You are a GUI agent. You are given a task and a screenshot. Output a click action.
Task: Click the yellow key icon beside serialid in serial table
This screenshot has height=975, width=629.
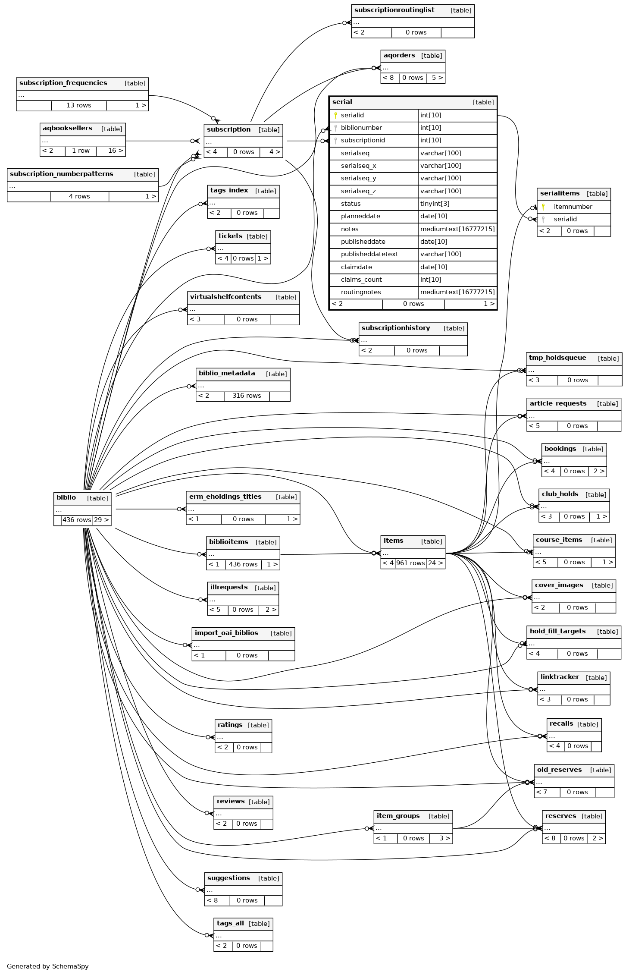click(335, 115)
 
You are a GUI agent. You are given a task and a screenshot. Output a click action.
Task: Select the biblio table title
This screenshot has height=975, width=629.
click(66, 498)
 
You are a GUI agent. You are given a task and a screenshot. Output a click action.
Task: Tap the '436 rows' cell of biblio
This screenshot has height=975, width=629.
click(77, 520)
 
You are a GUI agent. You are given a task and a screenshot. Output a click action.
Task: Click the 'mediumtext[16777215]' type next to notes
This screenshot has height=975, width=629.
click(457, 229)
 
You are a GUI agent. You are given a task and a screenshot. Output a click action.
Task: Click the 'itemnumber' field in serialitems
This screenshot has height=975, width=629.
click(573, 207)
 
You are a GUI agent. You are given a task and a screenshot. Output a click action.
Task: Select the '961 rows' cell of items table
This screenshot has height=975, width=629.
click(410, 563)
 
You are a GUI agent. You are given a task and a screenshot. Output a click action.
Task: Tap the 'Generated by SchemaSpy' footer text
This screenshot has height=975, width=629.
click(48, 966)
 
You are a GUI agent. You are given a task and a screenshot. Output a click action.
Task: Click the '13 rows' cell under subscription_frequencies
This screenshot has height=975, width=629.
click(79, 105)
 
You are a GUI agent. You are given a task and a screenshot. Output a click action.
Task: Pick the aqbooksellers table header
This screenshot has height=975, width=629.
click(67, 129)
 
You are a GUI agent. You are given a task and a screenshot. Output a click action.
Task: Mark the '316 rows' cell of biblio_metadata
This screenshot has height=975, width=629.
click(247, 396)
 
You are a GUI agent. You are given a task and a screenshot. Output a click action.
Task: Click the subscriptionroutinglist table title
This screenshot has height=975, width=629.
click(394, 10)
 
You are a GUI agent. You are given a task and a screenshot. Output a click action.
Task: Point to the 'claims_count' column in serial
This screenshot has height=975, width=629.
click(361, 280)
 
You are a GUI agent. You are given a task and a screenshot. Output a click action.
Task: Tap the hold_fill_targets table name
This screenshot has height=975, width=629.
click(557, 631)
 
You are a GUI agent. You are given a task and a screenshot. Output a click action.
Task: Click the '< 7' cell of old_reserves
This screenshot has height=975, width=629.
click(542, 792)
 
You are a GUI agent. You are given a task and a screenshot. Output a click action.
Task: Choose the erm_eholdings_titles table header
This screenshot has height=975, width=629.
click(225, 497)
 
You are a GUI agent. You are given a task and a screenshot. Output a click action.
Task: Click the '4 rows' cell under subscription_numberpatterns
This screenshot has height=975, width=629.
click(79, 196)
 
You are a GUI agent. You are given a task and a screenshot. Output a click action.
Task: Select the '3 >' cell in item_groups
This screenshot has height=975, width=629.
click(444, 838)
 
